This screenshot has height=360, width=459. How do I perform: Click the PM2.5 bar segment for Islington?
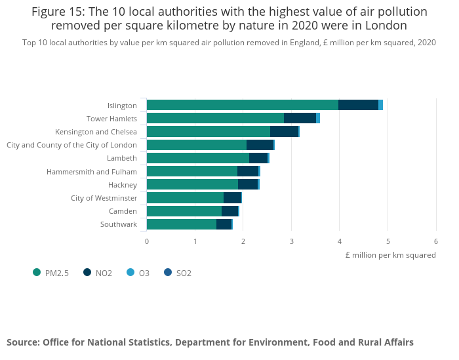(242, 105)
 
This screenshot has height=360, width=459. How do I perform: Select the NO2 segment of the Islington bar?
(358, 105)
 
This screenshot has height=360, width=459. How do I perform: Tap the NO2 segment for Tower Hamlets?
(300, 118)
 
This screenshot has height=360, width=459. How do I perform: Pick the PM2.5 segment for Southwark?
(181, 224)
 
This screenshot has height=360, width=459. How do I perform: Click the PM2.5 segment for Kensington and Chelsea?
(208, 132)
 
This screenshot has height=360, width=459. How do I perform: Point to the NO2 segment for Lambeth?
(258, 158)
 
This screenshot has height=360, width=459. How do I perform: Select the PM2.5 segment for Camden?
(184, 211)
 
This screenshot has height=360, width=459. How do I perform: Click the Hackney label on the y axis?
(122, 185)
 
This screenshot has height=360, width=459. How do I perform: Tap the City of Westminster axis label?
(104, 198)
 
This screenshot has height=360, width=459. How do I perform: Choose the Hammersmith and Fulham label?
(91, 172)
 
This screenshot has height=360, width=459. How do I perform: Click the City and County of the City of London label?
(71, 145)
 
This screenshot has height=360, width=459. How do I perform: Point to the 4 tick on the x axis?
(340, 241)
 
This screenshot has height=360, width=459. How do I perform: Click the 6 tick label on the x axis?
(436, 241)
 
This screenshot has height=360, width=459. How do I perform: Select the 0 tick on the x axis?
(147, 241)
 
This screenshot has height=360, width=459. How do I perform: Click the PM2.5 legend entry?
(56, 273)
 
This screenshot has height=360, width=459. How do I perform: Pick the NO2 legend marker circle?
(87, 273)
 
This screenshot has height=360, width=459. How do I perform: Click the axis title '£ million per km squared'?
(390, 255)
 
